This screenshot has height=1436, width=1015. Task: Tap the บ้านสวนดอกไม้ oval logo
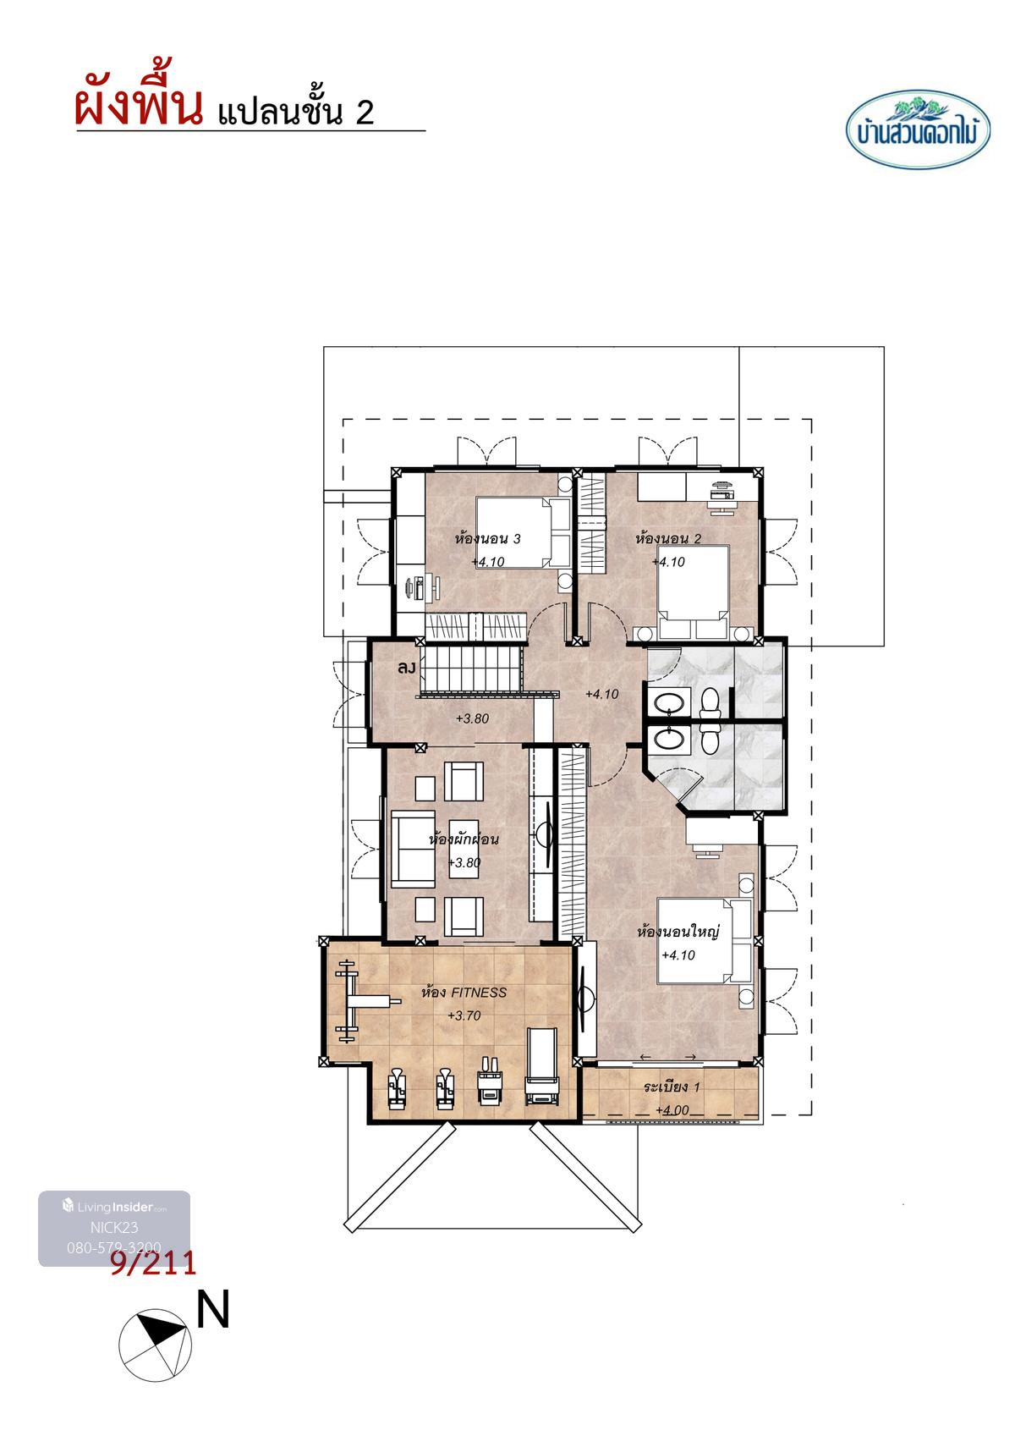coord(918,129)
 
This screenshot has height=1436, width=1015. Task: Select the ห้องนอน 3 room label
coord(488,538)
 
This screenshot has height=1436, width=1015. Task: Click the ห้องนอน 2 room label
coord(667,538)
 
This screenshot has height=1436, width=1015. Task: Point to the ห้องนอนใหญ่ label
coord(678,931)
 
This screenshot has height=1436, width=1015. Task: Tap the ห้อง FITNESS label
coord(464,993)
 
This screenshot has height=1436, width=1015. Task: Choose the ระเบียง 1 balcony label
coord(672,1087)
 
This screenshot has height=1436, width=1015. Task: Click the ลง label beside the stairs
coord(406,668)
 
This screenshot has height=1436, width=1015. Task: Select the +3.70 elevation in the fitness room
coord(464,1015)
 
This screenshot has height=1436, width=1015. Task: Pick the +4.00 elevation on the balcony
coord(672,1109)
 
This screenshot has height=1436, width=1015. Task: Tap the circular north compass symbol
coord(155,1345)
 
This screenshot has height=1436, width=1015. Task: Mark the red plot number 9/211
coord(153,1263)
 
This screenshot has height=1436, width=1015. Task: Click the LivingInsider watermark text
coord(114,1207)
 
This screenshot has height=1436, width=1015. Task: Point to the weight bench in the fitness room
coord(362,1001)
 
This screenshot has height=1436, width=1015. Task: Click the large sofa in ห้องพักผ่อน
coord(413,849)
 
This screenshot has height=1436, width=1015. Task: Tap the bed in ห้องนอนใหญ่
coord(705,940)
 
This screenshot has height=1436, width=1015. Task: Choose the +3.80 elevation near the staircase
coord(472,718)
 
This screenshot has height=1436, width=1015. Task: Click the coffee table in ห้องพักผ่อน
coord(464,848)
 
